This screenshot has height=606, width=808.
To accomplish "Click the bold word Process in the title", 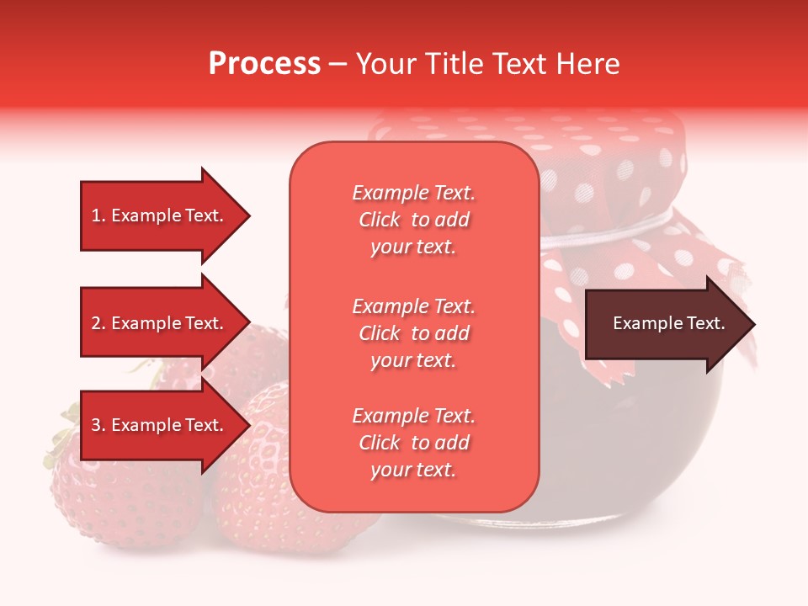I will tap(264, 64).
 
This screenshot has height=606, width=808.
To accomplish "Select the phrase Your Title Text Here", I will tap(487, 64).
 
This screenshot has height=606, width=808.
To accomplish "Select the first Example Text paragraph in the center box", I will tap(413, 220).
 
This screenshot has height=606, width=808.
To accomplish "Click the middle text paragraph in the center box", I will tap(413, 333).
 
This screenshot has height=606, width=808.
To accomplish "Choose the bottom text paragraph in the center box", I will tap(413, 443).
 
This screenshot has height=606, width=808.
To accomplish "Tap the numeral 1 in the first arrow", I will tap(96, 215).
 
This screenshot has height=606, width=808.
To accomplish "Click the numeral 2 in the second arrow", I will tap(96, 323).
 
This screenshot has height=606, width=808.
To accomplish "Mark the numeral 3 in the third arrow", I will tap(96, 425).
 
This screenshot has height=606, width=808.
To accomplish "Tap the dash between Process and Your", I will tap(338, 65).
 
